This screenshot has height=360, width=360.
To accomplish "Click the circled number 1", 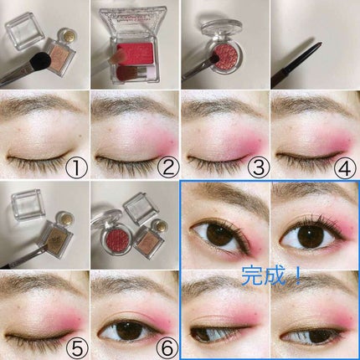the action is click(76, 167).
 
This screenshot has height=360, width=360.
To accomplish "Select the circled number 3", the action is click(259, 167).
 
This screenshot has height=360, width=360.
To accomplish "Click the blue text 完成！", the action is click(271, 275).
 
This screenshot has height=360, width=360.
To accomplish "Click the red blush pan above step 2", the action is click(135, 54).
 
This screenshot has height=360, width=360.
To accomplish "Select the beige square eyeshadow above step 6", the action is click(149, 240).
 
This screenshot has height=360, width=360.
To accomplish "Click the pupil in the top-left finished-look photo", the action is click(218, 233).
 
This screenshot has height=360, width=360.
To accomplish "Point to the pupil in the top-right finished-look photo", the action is click(309, 236).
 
